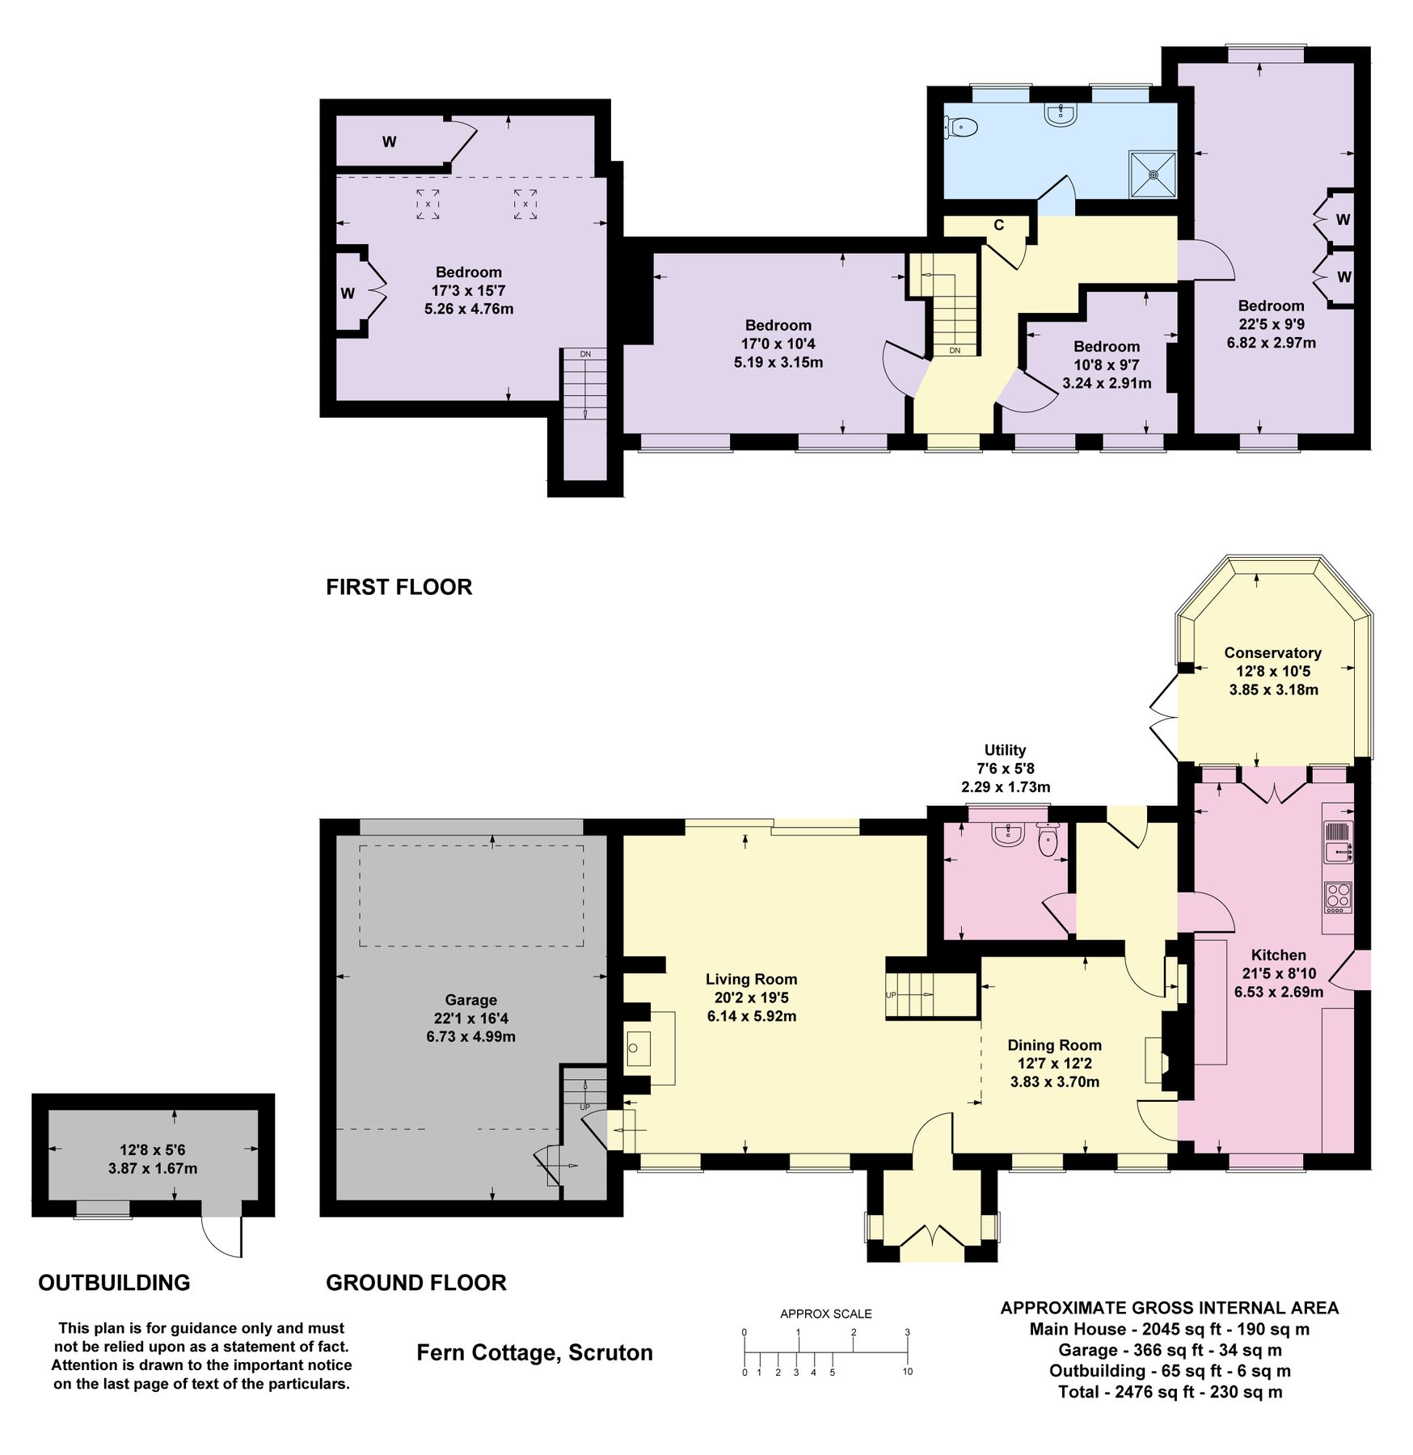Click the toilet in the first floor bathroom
click(961, 127)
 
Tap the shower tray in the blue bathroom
click(1153, 174)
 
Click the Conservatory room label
click(1272, 652)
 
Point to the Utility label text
click(1005, 749)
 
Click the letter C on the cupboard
click(998, 225)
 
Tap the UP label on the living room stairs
click(891, 995)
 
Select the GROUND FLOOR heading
click(415, 1283)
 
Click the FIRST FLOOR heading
click(399, 587)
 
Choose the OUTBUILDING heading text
click(114, 1283)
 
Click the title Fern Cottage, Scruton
click(534, 1352)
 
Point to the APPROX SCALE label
click(825, 1314)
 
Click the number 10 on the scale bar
click(907, 1372)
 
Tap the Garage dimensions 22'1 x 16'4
click(470, 1018)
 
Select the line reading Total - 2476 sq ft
click(1170, 1392)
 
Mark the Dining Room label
click(1054, 1044)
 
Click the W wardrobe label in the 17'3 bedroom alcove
click(348, 293)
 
